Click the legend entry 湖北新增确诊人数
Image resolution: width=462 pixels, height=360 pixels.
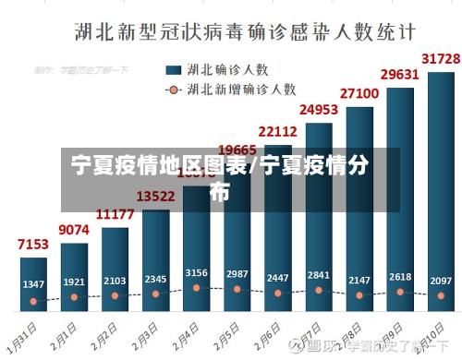tap(230, 90)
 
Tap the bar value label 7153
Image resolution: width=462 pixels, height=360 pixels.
tap(33, 245)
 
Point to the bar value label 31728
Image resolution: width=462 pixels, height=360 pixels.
tap(441, 59)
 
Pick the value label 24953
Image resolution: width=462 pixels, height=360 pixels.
tap(318, 111)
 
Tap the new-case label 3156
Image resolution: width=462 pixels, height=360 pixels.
tap(196, 273)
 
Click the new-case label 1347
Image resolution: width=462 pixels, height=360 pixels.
tap(33, 283)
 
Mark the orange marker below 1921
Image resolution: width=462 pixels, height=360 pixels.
tap(74, 298)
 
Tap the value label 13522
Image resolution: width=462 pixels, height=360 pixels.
tap(155, 196)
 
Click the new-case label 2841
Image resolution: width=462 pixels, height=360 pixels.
tap(318, 275)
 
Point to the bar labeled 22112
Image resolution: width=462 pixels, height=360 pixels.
tap(277, 231)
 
